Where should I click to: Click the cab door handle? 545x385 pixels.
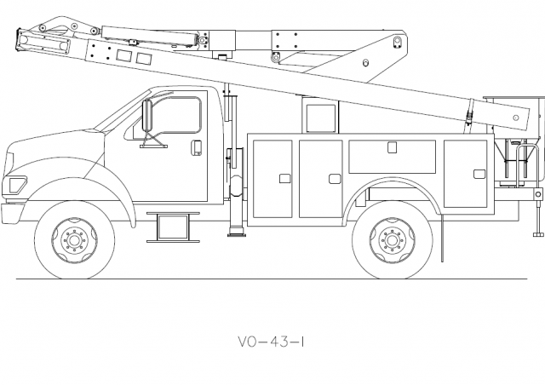tap(195, 147)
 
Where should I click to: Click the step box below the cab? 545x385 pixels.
tap(175, 227)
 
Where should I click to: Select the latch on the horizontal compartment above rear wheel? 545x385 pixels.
tap(392, 147)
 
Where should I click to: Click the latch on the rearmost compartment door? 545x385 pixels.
tap(479, 174)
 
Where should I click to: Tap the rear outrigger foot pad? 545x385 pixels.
tap(538, 235)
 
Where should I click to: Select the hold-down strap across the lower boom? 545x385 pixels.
tap(468, 113)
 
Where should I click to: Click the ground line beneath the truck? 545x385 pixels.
tap(255, 279)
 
